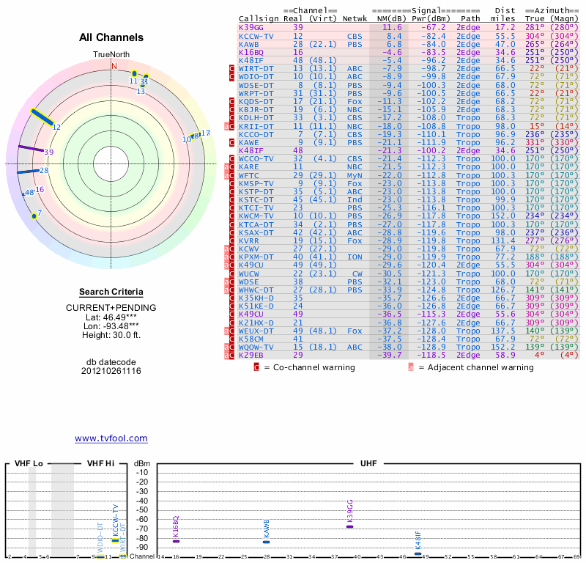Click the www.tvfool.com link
tap(111, 438)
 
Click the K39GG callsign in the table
tap(251, 27)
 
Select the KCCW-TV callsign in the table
tap(256, 35)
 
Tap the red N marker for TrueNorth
tap(114, 66)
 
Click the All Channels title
tap(111, 37)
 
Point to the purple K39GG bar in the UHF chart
tap(350, 526)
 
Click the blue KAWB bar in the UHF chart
tap(267, 542)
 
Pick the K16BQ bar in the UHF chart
tap(176, 541)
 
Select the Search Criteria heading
tap(111, 292)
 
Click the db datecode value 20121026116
tap(111, 371)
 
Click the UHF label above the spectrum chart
tap(367, 464)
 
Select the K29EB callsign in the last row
tap(251, 355)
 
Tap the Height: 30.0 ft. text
tap(111, 335)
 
